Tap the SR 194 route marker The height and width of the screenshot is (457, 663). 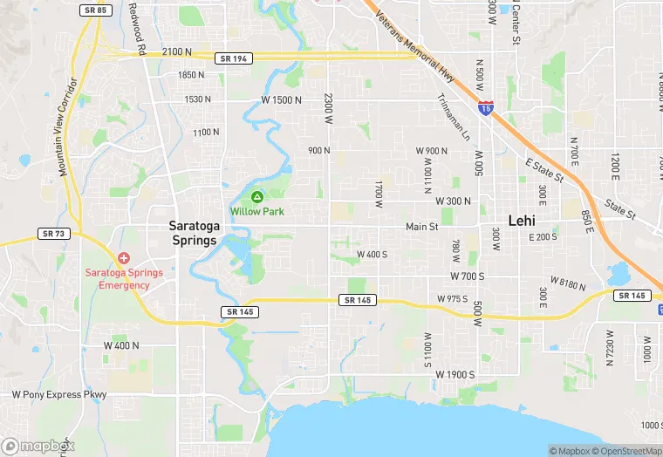click(x=233, y=57)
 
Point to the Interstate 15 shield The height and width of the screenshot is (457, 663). click(x=486, y=107)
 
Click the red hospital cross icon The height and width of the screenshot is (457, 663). click(x=124, y=258)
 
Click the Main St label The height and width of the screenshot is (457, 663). click(x=421, y=227)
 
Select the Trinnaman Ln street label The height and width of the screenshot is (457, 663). click(x=453, y=118)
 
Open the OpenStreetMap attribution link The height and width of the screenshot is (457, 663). click(x=626, y=451)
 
